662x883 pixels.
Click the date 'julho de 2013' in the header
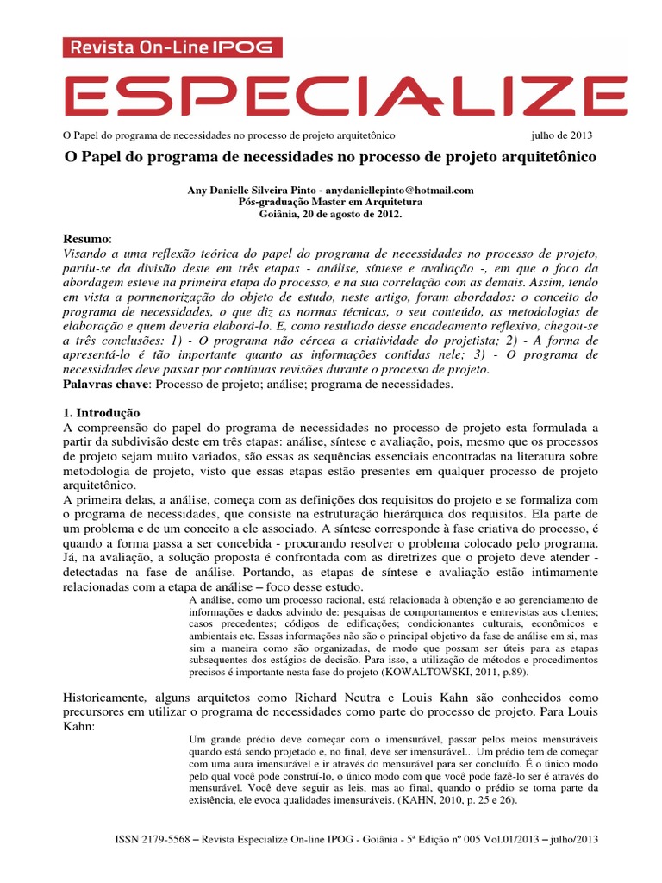coord(561,137)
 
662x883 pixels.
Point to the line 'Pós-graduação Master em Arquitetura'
coord(330,201)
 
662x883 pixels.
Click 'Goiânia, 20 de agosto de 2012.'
coord(330,213)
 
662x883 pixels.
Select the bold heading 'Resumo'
coord(87,238)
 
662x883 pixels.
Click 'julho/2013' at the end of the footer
coord(571,839)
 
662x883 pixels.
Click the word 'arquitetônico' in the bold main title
coord(546,160)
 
